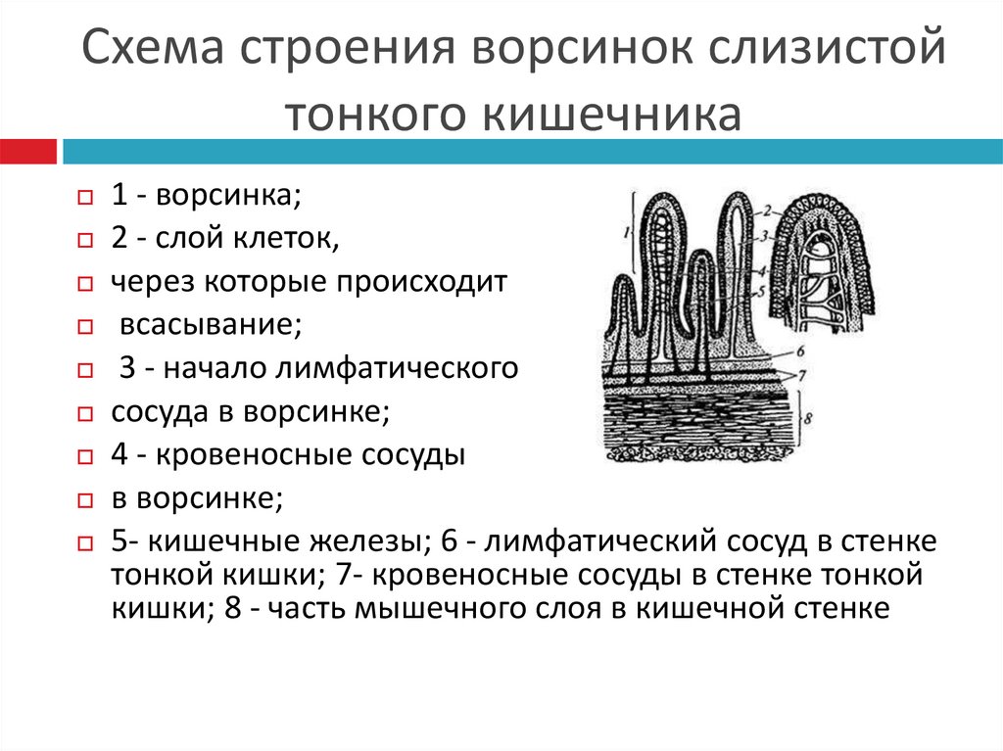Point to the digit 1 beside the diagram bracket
click(x=624, y=232)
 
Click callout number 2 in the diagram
click(x=770, y=209)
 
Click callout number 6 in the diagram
click(x=799, y=350)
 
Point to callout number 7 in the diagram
click(x=799, y=374)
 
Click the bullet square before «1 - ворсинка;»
click(x=85, y=198)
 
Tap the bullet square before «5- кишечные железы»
click(x=85, y=544)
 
